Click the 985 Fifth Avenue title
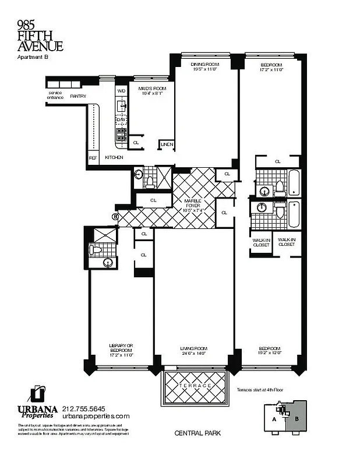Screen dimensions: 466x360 (40, 36)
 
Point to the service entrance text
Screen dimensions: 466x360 (55, 95)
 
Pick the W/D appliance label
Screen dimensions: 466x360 (121, 91)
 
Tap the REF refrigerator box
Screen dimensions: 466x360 (93, 157)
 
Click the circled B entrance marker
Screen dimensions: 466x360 (115, 217)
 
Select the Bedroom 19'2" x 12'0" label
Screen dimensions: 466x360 (270, 351)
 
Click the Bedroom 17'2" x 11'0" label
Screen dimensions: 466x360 (271, 66)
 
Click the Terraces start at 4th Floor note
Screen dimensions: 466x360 (263, 390)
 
